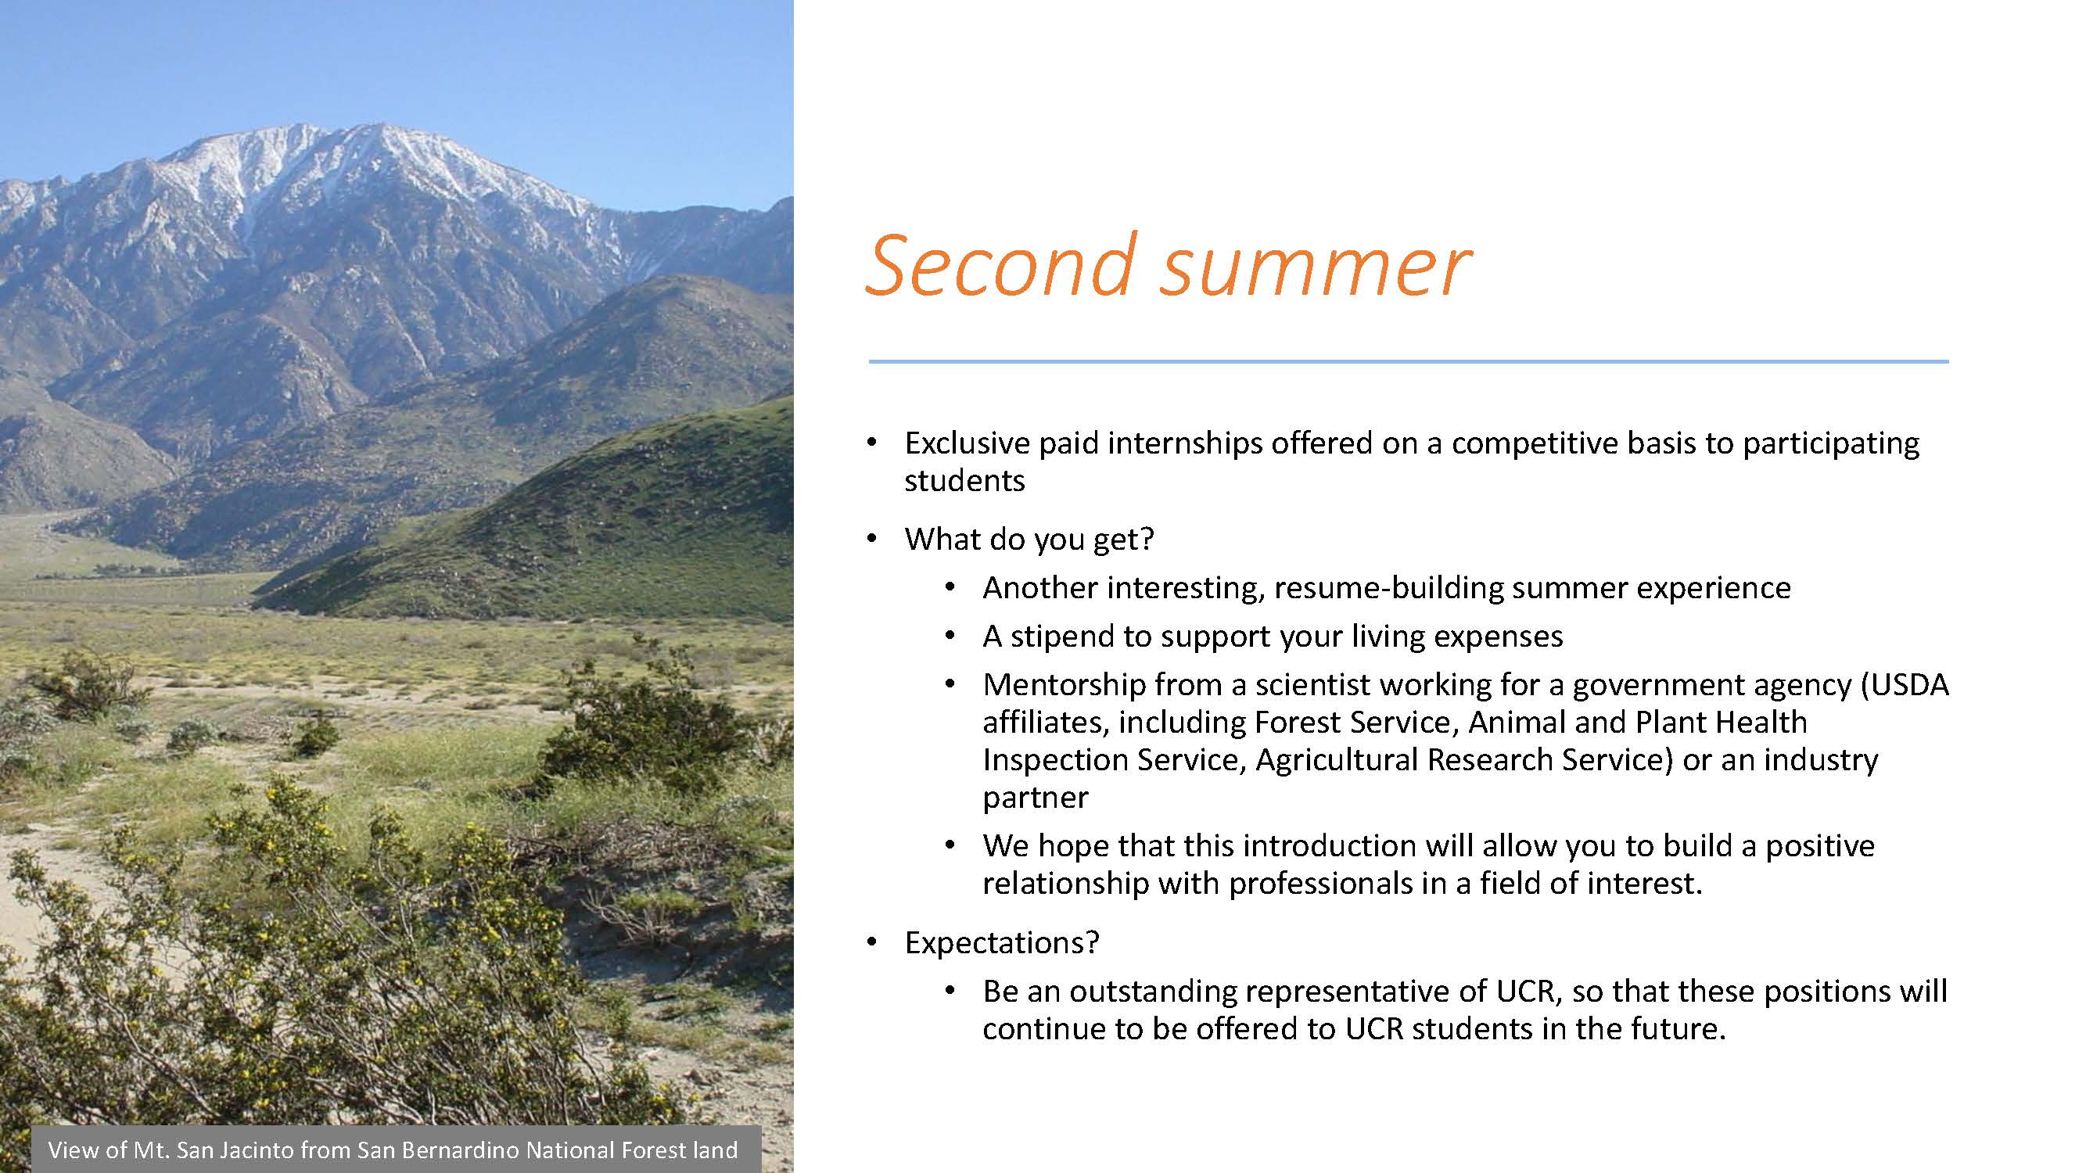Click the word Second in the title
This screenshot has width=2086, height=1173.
click(1002, 265)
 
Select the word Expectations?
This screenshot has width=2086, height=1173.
click(1002, 944)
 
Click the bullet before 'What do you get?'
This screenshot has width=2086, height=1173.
click(872, 539)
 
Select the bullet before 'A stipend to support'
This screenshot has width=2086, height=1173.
click(950, 637)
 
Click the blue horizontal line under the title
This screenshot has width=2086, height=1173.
click(1409, 361)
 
